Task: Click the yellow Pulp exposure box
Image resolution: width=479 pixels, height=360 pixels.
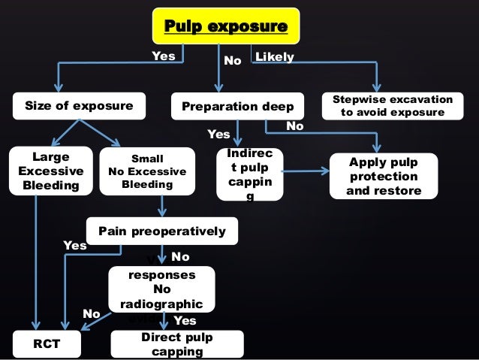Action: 226,28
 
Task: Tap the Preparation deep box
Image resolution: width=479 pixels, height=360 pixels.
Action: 238,106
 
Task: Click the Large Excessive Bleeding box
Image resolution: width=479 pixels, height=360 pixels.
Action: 46,171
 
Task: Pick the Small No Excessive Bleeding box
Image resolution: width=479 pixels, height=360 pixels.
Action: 147,171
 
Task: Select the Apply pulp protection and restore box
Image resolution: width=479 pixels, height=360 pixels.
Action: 384,177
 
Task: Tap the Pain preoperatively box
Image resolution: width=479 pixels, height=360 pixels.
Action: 162,231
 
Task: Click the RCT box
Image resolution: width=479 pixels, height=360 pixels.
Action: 47,344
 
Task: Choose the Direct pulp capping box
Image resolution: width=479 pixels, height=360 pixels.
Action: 177,344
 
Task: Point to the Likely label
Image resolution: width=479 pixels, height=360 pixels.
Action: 275,57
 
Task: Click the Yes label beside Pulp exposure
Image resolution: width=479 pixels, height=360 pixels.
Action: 163,56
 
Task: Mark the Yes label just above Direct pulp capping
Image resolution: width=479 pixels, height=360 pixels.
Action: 185,321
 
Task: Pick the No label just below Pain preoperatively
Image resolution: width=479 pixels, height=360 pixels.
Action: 181,257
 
